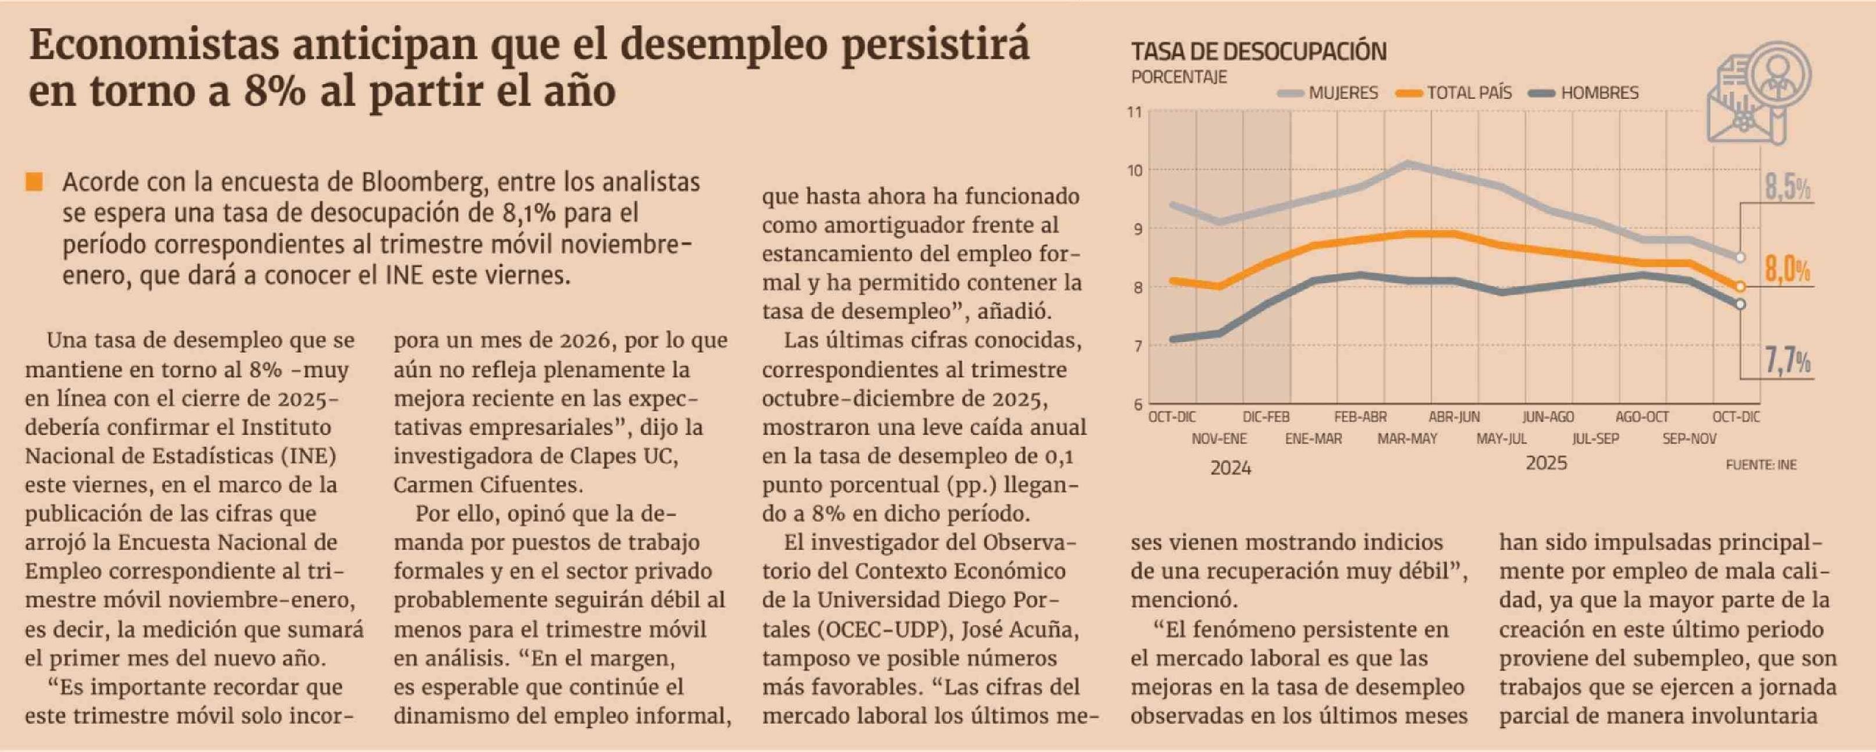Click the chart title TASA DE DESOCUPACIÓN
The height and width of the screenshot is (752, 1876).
[x=1259, y=52]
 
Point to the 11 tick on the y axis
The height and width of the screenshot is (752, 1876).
[x=1135, y=112]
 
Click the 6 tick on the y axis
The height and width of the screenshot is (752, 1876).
[x=1137, y=405]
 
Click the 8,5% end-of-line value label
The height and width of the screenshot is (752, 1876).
[x=1787, y=188]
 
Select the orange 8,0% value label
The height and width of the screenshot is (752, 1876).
[x=1787, y=271]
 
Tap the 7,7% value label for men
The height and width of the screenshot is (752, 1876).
[x=1787, y=361]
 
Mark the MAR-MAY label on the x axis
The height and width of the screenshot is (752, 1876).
[x=1407, y=439]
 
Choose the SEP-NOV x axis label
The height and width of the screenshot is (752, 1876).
[x=1689, y=439]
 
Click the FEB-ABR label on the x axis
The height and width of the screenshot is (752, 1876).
[x=1360, y=417]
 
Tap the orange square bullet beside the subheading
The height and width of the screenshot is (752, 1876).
[x=34, y=182]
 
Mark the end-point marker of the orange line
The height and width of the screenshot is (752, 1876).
[x=1740, y=286]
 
